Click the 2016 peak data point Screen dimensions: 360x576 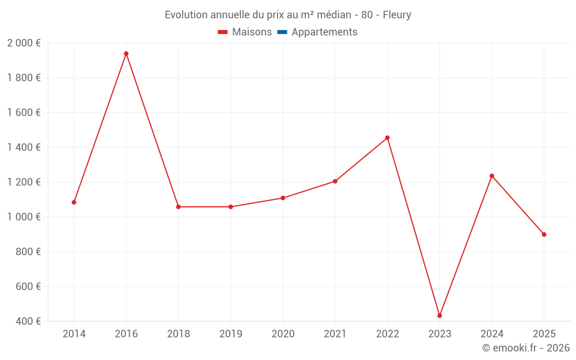pos(126,54)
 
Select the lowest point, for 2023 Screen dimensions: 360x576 pos(439,316)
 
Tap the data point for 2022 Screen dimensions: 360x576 pos(387,138)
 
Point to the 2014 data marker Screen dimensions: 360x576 pos(74,202)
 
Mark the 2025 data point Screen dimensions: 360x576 pos(544,234)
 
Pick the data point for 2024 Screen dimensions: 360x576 pos(492,176)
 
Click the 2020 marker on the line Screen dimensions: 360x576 pos(283,198)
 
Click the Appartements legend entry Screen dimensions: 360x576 pos(324,32)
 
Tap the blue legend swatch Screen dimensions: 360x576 pos(282,32)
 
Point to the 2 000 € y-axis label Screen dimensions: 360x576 pos(24,43)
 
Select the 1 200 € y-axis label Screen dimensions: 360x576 pos(24,182)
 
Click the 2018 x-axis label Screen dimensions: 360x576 pos(178,334)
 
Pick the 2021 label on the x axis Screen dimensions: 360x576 pos(335,334)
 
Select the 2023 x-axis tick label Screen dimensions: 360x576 pos(439,334)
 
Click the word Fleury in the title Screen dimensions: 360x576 pos(397,15)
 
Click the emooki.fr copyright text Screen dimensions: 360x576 pos(526,348)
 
